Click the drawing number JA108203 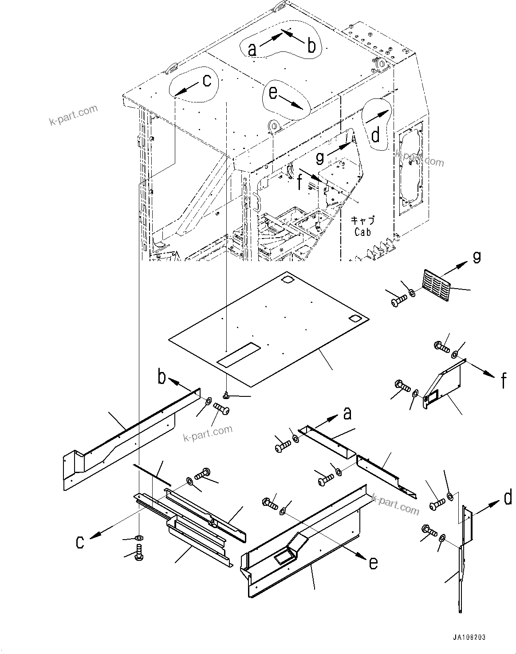(469, 637)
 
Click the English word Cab (362, 231)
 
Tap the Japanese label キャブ (362, 220)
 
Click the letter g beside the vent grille (477, 257)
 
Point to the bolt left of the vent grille (397, 301)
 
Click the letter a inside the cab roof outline (252, 49)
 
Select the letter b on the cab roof (311, 46)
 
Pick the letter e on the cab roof (273, 93)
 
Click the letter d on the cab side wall (375, 135)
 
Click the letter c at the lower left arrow (80, 542)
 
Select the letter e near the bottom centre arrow (374, 563)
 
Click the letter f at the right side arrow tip (504, 380)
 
